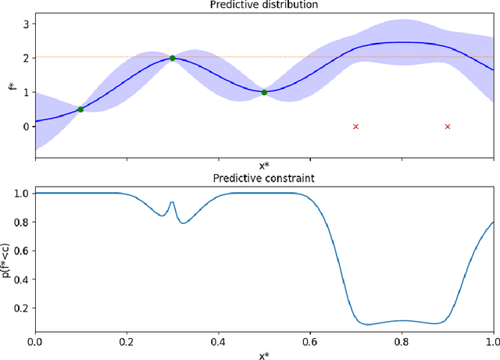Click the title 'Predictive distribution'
[264, 5]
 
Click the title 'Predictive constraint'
[264, 178]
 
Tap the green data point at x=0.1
[80, 109]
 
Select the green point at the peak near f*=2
[173, 59]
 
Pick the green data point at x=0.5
[264, 92]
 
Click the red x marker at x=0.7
[355, 127]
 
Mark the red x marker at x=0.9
[448, 127]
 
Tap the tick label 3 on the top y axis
[25, 24]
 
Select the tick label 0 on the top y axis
[25, 127]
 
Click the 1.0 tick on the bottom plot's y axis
[21, 193]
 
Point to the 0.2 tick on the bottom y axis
[21, 308]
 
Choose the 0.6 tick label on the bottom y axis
[21, 251]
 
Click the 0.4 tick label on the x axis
[218, 341]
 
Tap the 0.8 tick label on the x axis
[402, 341]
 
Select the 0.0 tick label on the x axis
[35, 341]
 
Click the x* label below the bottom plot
[264, 354]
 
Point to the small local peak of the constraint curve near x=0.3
[172, 202]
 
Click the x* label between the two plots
[264, 166]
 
